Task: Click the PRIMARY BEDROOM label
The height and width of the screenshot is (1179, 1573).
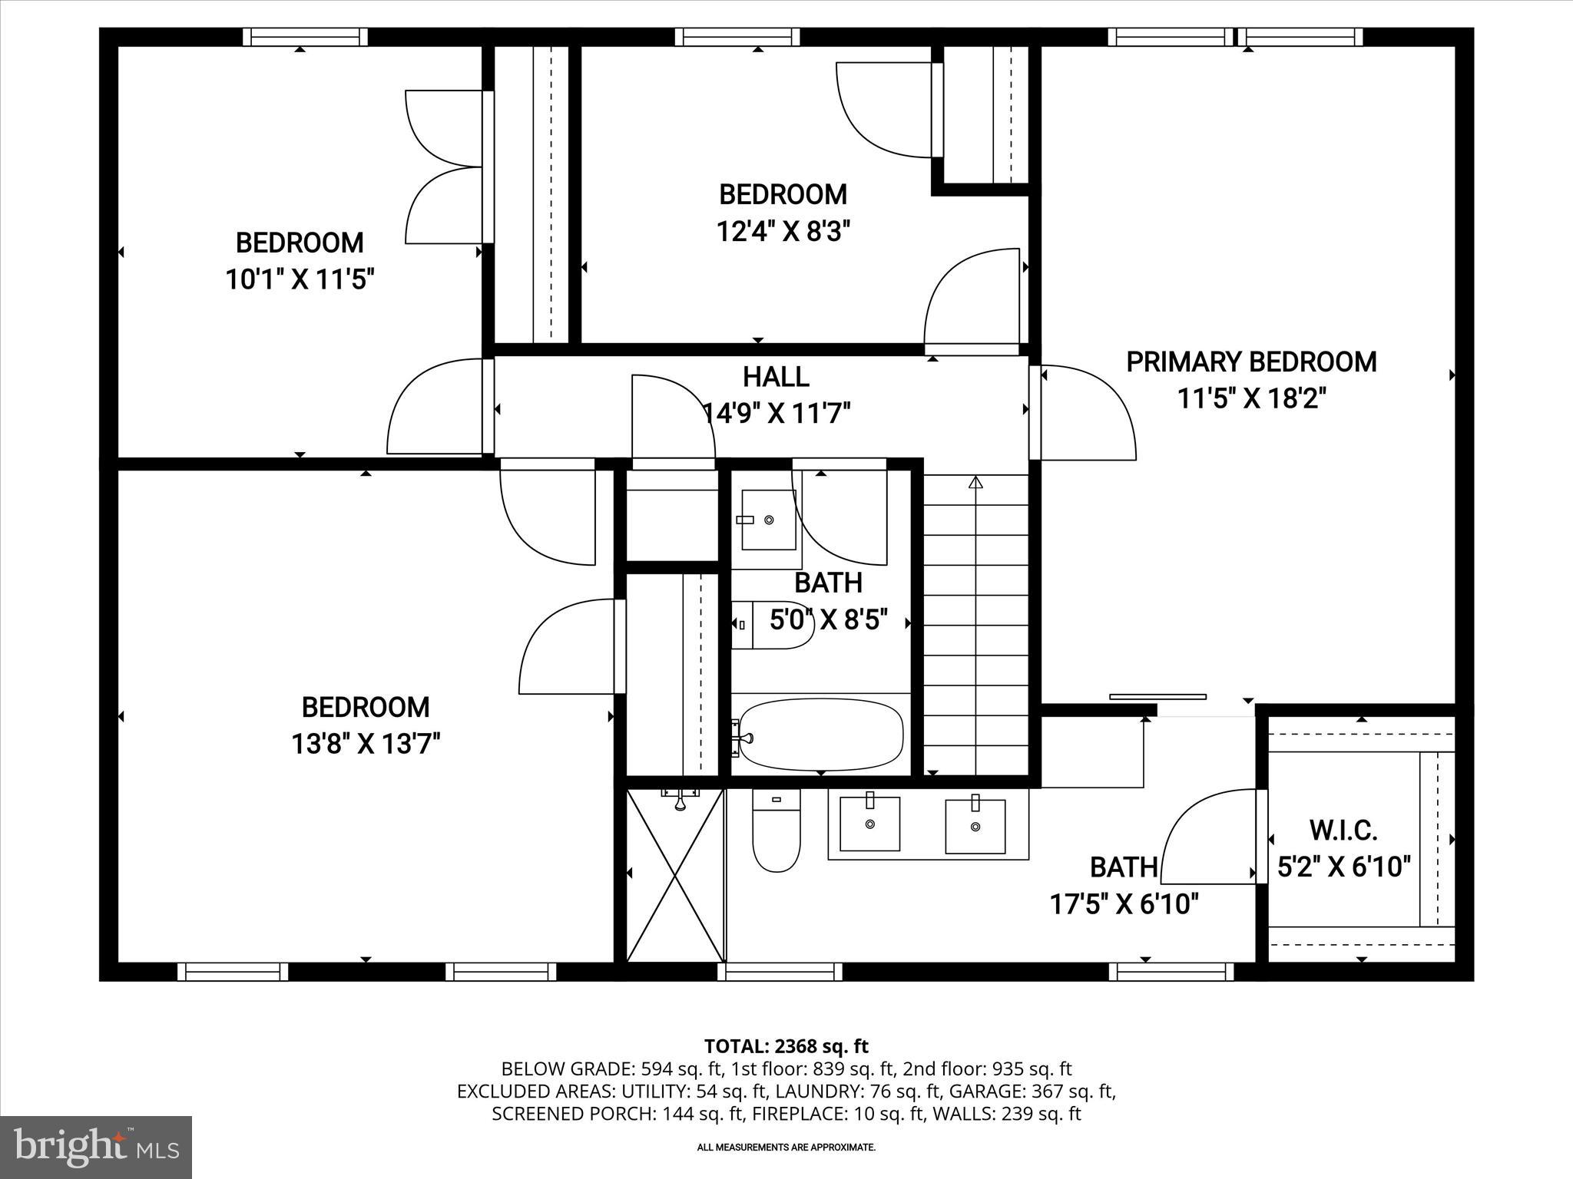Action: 1250,362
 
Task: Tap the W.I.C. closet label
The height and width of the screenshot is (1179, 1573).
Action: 1343,830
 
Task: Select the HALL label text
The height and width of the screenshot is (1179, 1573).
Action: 776,377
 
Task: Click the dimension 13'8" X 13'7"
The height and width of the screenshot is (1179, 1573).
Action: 366,744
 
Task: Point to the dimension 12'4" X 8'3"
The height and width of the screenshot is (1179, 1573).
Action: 783,231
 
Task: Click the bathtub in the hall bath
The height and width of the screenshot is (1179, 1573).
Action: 821,735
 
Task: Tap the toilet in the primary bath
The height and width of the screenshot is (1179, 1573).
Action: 777,831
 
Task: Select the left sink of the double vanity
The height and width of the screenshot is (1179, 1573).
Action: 869,824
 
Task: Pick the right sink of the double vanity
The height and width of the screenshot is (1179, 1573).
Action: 975,827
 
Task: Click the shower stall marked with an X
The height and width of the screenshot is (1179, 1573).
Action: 676,875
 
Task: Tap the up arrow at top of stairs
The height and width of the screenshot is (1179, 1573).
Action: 975,483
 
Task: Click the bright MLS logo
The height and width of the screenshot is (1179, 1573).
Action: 96,1148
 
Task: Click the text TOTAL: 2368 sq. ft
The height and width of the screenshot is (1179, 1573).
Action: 786,1046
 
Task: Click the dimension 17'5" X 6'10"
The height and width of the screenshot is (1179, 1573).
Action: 1124,904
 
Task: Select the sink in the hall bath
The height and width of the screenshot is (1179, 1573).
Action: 768,520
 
